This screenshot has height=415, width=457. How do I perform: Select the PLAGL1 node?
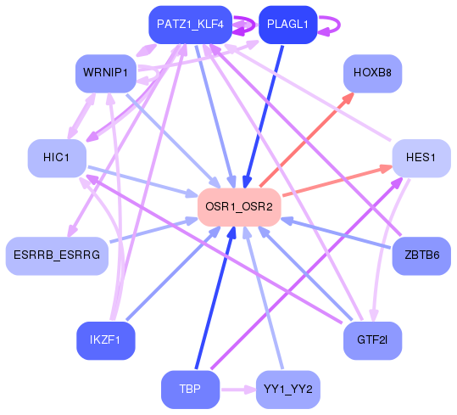point(287,25)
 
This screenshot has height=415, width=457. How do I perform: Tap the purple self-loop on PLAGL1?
point(327,25)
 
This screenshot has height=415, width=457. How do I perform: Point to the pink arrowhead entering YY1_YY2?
point(249,390)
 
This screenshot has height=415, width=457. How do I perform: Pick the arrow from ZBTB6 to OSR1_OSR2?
point(339,233)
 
